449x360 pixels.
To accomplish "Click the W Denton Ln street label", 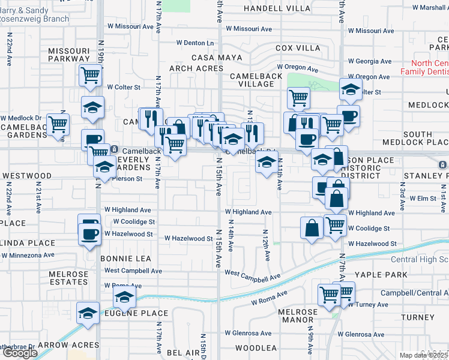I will click(x=195, y=43).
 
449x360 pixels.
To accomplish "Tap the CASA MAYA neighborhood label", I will click(x=217, y=58).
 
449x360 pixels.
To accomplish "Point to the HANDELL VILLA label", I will click(x=277, y=9).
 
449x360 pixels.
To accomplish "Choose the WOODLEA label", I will click(x=256, y=348).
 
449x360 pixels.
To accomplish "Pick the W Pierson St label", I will click(x=124, y=178).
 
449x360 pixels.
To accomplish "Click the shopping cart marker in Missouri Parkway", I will click(x=90, y=76).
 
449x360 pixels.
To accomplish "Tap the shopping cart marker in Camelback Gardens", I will click(x=58, y=125).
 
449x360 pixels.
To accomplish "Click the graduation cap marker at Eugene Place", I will click(x=124, y=296).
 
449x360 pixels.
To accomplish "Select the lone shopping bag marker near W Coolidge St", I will click(x=312, y=228).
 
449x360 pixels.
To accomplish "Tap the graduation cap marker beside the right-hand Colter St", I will click(x=351, y=89).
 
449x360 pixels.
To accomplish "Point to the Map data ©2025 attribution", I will click(x=424, y=355).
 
